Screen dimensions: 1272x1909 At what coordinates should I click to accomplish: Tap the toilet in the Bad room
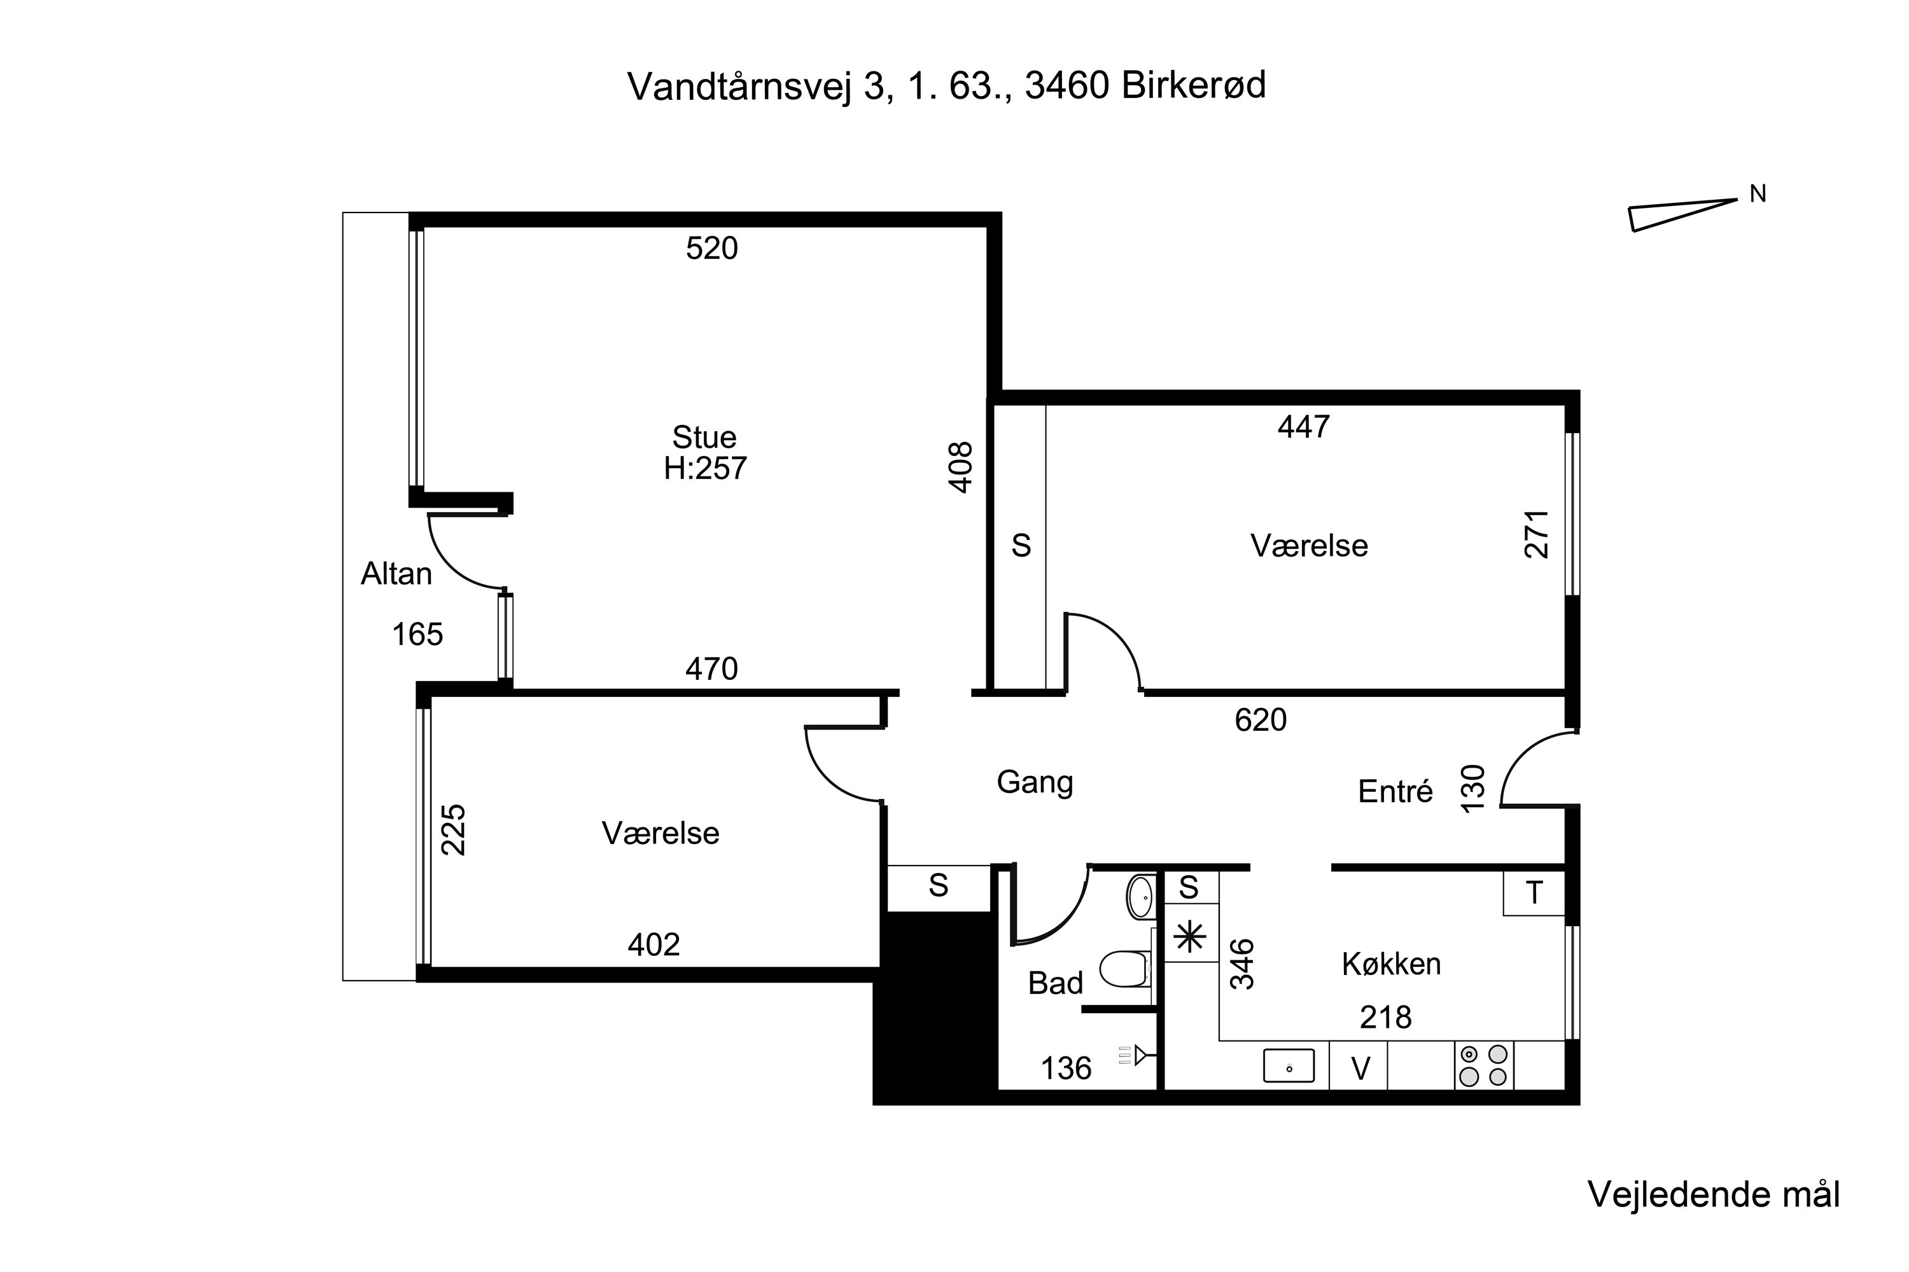1124,969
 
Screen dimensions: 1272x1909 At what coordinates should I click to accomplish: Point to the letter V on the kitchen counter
1360,1068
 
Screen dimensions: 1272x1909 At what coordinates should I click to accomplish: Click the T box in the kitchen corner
1533,893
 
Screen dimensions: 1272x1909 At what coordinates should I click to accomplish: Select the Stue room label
704,438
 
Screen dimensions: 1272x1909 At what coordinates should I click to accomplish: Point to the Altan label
396,574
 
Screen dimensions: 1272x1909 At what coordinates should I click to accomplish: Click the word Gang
1035,782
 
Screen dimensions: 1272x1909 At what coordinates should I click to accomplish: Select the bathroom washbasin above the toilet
1140,896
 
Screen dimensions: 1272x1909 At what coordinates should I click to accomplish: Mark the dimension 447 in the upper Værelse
1303,427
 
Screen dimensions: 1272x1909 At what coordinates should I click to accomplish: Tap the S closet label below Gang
938,886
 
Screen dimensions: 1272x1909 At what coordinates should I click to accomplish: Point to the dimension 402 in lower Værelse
654,944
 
